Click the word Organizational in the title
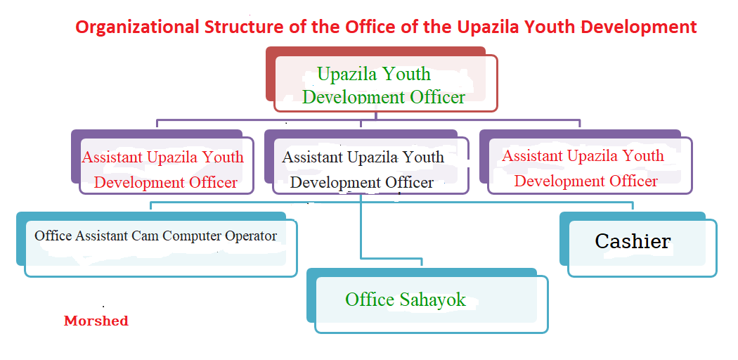coord(137,27)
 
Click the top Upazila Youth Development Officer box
coord(381,79)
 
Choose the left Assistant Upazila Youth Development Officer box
coord(163,162)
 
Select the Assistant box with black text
coord(367,162)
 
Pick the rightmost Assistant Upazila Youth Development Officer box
coord(586,162)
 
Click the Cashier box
coord(638,245)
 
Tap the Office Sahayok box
coord(427,301)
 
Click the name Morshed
coord(96,321)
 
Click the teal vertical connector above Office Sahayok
coord(361,226)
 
